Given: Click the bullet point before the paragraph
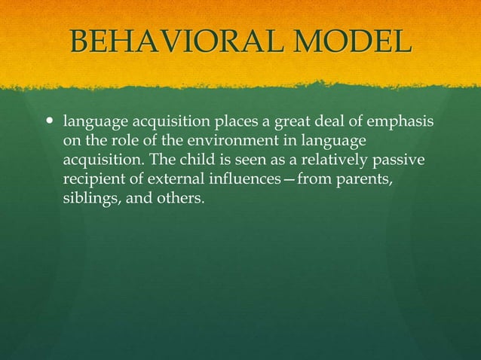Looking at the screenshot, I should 51,121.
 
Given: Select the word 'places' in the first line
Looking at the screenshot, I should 236,122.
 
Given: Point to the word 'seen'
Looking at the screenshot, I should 246,161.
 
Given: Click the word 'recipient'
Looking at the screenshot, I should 92,181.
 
